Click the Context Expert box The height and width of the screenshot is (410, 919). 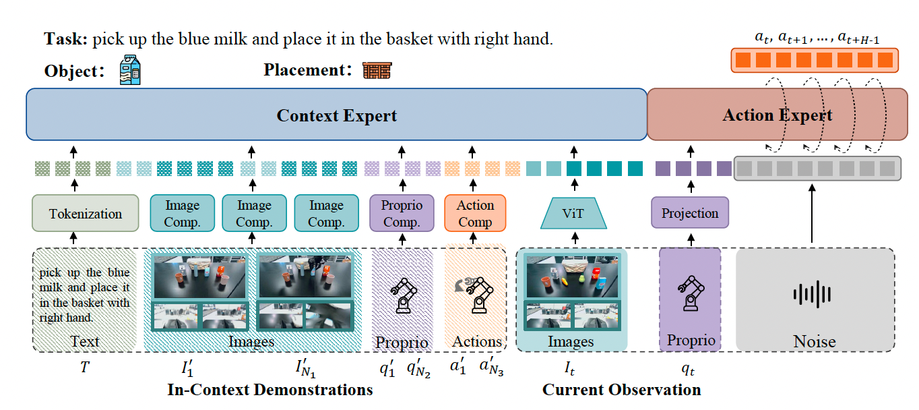click(x=336, y=115)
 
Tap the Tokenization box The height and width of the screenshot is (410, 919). click(x=85, y=214)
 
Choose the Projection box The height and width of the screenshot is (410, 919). click(x=689, y=213)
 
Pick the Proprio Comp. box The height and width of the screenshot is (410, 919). click(x=402, y=213)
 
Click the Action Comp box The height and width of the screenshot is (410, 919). click(x=475, y=213)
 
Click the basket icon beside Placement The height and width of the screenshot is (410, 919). click(x=377, y=70)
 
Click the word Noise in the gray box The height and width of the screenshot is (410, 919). click(x=814, y=341)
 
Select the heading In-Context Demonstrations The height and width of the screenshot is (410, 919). click(x=270, y=390)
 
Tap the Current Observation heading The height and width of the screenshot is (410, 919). click(x=621, y=390)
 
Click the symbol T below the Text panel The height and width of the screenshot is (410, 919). click(x=84, y=368)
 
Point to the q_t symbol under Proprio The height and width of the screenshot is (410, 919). click(x=689, y=368)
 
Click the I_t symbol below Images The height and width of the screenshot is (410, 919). click(x=569, y=368)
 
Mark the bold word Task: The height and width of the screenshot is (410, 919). click(x=66, y=39)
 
